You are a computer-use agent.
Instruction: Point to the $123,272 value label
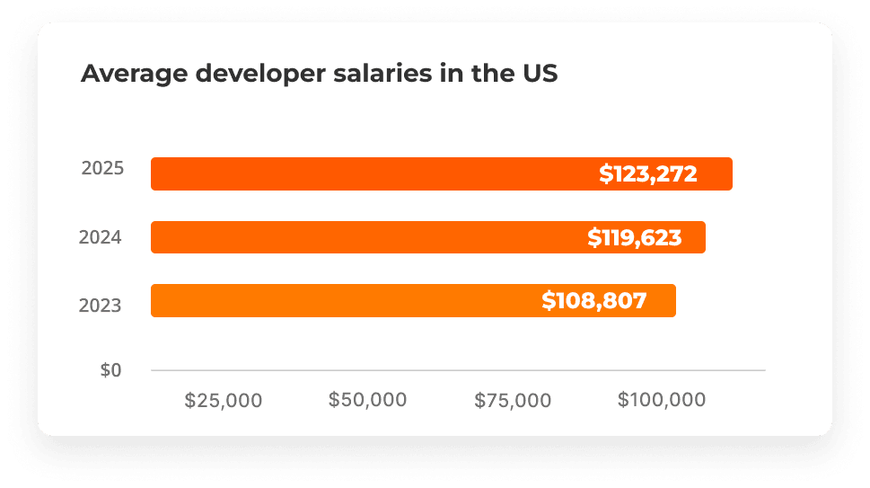(x=648, y=174)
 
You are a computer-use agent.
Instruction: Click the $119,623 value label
(x=635, y=238)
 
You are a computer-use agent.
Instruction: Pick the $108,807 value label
(x=594, y=301)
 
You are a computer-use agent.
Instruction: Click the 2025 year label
(x=102, y=168)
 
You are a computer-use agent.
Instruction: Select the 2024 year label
(x=101, y=238)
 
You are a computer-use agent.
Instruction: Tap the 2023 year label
(x=101, y=306)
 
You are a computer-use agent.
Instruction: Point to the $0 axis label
(x=110, y=370)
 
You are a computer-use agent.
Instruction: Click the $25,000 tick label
(x=224, y=401)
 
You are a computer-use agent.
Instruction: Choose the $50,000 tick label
(x=367, y=401)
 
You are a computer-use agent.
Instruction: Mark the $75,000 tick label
(x=513, y=401)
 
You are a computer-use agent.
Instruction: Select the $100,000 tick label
(x=662, y=401)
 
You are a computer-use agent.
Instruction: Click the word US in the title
(x=540, y=74)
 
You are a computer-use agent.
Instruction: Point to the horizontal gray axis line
(x=458, y=369)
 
